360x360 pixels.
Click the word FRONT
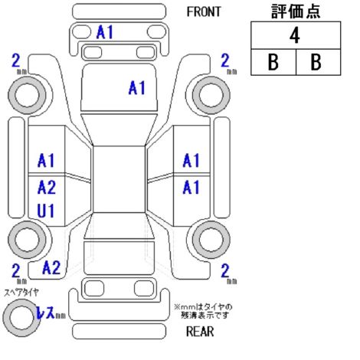[x=204, y=11]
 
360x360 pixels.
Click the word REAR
[x=200, y=332]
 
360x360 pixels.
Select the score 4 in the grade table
[x=295, y=35]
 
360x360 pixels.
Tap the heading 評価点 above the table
[x=296, y=11]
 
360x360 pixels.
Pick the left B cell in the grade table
[x=273, y=62]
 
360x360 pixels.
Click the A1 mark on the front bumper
[x=104, y=32]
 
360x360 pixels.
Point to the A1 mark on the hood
[x=137, y=88]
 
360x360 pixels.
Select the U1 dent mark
[x=46, y=211]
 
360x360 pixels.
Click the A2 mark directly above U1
[x=47, y=187]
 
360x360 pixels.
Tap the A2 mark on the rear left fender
[x=51, y=267]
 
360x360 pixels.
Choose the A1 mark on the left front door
[x=46, y=161]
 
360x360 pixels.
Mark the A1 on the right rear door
[x=191, y=187]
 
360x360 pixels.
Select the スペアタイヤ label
[x=21, y=293]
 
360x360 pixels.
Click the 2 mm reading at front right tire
[x=229, y=64]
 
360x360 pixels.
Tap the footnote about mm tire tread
[x=204, y=311]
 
